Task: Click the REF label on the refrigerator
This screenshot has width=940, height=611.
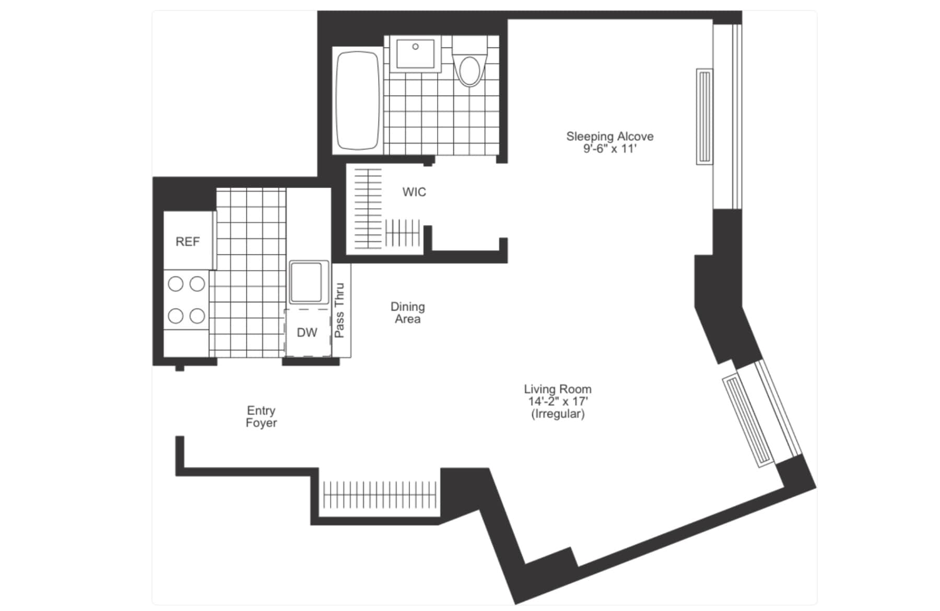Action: [x=187, y=242]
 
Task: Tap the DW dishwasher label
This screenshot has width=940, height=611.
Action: [x=307, y=333]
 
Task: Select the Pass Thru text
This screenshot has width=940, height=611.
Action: [x=339, y=310]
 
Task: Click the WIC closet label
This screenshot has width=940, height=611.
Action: [x=414, y=192]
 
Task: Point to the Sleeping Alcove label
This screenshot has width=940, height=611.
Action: [x=610, y=136]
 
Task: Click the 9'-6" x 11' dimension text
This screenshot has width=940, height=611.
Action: [x=610, y=149]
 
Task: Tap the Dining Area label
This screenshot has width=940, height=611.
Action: [x=408, y=313]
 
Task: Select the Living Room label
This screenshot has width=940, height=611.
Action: [x=558, y=389]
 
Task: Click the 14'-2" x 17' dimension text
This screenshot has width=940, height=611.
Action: [x=558, y=402]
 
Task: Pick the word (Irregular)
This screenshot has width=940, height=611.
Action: [x=558, y=414]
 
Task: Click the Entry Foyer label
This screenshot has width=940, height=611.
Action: [x=261, y=417]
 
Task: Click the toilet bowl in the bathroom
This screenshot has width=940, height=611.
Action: [x=469, y=71]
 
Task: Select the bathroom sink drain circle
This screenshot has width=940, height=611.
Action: [x=416, y=46]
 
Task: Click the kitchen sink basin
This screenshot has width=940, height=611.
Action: [x=306, y=282]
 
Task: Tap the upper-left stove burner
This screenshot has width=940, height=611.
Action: [x=175, y=284]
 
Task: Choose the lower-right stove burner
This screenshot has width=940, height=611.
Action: [x=197, y=316]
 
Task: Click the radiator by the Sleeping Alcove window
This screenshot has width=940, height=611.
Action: [x=704, y=116]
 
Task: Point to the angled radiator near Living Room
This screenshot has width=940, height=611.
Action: [x=749, y=420]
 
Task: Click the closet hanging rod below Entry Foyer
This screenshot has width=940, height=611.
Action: [x=380, y=495]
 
